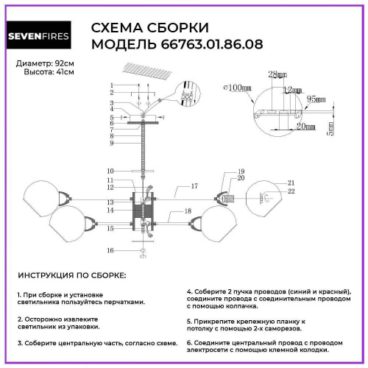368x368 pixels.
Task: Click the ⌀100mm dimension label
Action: click(x=236, y=87)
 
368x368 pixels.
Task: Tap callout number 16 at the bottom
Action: click(x=110, y=251)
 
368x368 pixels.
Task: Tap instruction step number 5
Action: click(x=189, y=322)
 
